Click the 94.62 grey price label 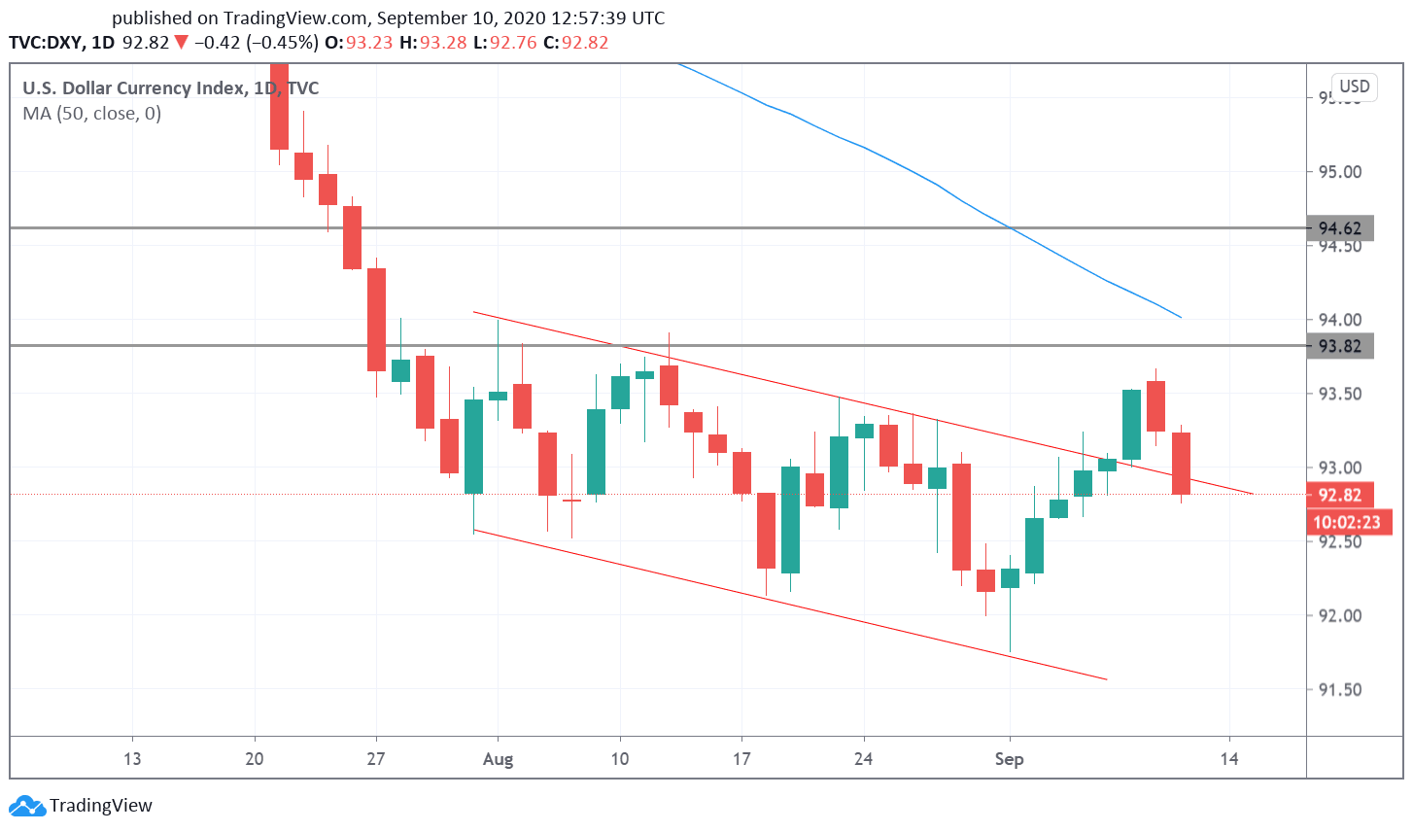pos(1339,228)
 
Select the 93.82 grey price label pos(1339,346)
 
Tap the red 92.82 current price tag pos(1339,495)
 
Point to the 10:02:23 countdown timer pos(1347,522)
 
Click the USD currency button pos(1354,87)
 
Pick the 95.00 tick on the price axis pos(1339,172)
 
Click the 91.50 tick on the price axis pos(1339,690)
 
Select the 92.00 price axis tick pos(1339,615)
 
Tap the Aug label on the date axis pos(498,759)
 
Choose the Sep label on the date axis pos(1009,759)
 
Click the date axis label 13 pos(132,759)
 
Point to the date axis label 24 pos(863,759)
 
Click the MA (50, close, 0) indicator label pos(92,114)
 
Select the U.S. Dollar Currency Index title pos(134,88)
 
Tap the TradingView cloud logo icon pos(27,806)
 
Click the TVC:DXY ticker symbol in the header pos(45,43)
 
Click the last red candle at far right pos(1181,464)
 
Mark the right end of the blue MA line pos(1180,317)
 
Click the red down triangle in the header pos(181,43)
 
